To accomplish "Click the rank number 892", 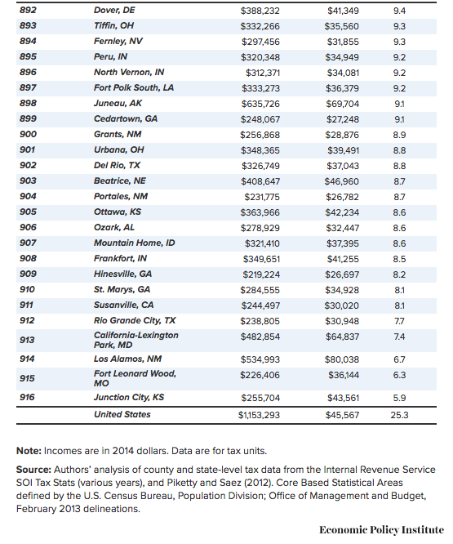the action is point(28,10).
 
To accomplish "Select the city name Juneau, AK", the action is point(118,104).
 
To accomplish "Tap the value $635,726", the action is point(260,104).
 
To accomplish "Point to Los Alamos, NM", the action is point(127,359).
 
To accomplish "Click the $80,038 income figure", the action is point(342,359).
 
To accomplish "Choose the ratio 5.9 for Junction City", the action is point(399,398).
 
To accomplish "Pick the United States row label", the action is point(122,414).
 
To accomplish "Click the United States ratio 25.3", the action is point(399,415).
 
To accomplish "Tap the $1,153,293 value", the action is point(259,415).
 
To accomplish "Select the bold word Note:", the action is point(29,451).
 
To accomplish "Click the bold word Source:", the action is point(33,470).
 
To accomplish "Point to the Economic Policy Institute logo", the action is point(381,530).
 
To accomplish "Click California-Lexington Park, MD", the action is point(135,340).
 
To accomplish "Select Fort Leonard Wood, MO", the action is point(135,378).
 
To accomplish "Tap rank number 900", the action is point(28,134).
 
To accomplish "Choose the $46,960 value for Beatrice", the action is point(342,181).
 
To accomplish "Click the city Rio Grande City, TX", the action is point(135,320).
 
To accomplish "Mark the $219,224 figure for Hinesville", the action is point(261,274).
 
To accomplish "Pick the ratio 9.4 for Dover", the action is point(399,11).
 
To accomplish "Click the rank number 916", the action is point(27,397).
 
